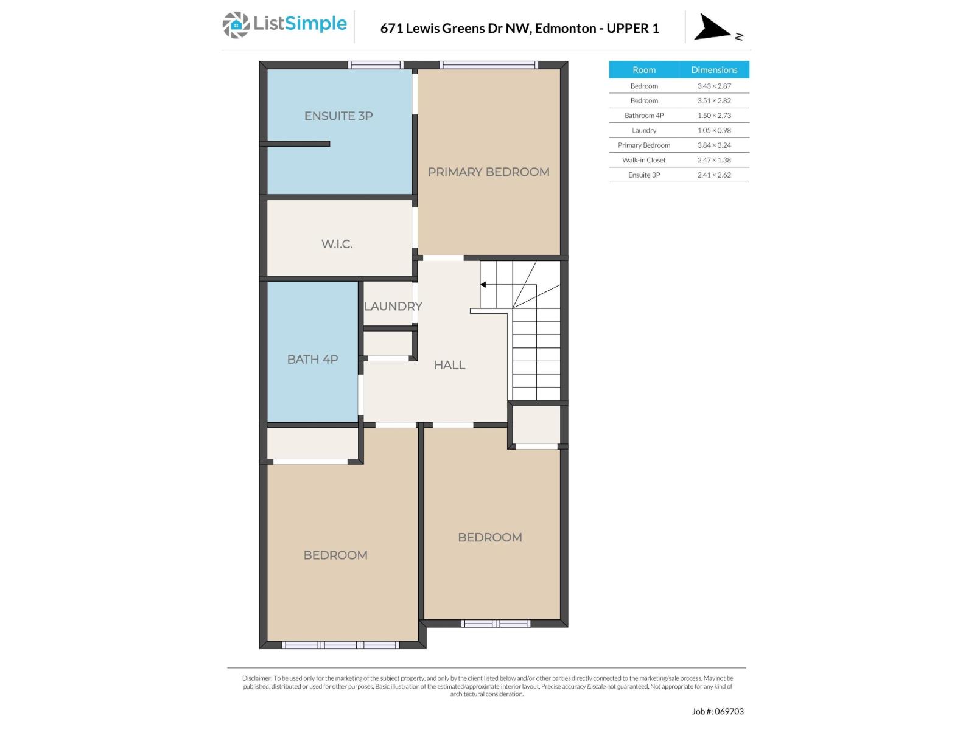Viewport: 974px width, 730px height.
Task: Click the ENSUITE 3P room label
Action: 338,116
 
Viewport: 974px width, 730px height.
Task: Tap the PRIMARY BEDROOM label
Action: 488,172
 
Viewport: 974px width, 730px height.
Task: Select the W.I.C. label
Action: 337,244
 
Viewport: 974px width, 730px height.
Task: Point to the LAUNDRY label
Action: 393,306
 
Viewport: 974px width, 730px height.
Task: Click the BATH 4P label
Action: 312,360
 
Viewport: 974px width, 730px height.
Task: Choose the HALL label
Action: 449,365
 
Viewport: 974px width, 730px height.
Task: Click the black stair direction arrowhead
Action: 483,285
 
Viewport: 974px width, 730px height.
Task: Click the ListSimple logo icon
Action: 236,25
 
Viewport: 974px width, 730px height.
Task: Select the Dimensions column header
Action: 714,70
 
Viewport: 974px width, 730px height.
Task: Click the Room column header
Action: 643,70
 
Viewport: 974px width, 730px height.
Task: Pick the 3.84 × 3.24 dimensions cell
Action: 714,145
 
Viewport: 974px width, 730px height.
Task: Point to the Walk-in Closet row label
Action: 643,160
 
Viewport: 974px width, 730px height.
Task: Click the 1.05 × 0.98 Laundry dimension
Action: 714,130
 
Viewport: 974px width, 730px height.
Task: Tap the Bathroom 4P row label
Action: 643,116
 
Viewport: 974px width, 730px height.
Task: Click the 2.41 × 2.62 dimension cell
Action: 714,175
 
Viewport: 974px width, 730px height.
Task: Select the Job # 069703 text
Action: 718,711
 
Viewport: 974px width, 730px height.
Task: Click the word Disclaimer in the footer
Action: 256,678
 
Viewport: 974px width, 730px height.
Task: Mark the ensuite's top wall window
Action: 376,65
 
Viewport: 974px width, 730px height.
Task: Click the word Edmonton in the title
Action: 565,28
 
